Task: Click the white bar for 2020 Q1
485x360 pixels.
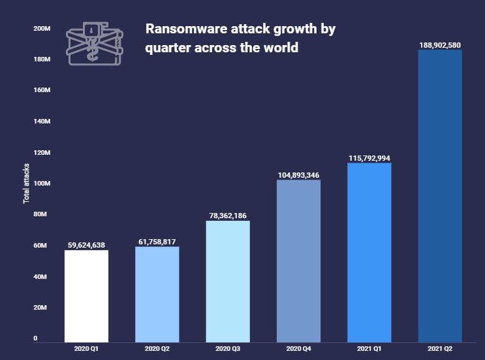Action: (86, 295)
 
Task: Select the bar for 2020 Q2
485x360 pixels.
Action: (157, 294)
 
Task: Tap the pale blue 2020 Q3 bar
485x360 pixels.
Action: (228, 281)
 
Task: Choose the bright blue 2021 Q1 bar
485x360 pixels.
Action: (369, 252)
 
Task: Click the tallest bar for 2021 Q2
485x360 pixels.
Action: (440, 196)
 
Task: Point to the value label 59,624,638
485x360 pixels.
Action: (86, 245)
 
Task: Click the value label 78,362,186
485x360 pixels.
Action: (228, 216)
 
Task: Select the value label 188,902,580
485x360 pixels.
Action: (440, 44)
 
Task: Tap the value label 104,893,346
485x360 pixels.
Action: (298, 174)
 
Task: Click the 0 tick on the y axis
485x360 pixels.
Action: (35, 338)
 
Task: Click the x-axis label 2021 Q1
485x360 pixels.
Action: (369, 350)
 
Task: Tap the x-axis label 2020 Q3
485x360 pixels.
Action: (228, 350)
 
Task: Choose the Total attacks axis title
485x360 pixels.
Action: (27, 183)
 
